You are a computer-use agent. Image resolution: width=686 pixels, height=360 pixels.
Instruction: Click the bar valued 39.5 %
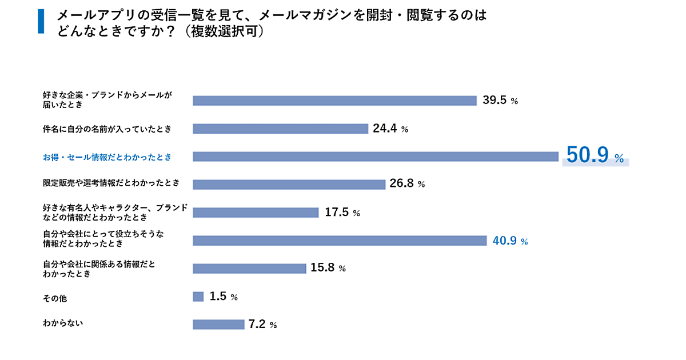point(334,101)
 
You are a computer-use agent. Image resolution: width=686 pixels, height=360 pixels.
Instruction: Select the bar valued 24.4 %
point(280,129)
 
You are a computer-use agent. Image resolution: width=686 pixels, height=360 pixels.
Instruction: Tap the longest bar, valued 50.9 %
point(376,157)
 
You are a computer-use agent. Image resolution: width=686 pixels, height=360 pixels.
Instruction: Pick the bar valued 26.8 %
point(289,185)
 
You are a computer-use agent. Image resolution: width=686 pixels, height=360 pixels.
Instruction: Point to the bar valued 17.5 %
point(256,213)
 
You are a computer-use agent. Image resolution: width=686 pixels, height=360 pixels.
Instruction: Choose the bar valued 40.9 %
point(340,241)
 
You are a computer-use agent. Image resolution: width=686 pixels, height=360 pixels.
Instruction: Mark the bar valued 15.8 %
point(250,269)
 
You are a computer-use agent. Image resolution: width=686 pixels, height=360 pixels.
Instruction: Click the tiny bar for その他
point(198,297)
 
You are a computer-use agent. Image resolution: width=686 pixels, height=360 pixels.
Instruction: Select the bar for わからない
point(219,325)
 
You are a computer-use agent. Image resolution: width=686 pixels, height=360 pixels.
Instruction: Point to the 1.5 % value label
point(224,297)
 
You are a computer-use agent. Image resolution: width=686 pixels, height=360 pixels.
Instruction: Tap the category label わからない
point(63,323)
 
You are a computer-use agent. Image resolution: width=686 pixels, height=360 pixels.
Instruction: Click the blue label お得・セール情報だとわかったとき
point(107,157)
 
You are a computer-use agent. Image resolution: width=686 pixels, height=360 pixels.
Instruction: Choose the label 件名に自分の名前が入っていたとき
point(107,129)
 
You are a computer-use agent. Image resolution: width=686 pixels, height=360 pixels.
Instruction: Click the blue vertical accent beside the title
point(41,22)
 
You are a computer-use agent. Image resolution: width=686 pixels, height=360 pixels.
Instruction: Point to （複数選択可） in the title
point(221,31)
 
